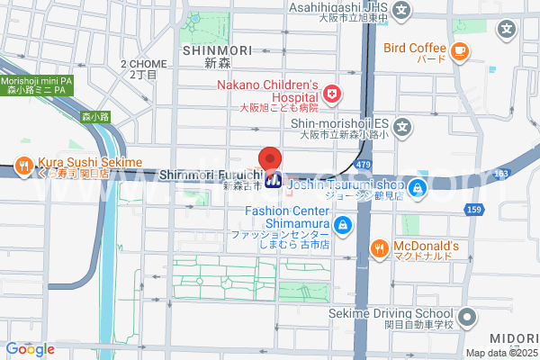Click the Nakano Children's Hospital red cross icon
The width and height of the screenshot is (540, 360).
[x=332, y=92]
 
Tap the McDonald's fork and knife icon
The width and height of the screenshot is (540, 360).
[x=381, y=247]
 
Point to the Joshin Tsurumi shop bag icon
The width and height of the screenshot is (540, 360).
[x=418, y=188]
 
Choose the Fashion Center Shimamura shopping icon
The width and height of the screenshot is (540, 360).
[x=341, y=224]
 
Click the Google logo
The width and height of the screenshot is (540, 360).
[x=30, y=349]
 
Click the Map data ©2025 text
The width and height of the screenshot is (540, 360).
[x=500, y=353]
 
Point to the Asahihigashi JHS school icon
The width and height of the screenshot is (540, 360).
[x=402, y=10]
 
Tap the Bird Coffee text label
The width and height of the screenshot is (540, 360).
[x=415, y=48]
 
